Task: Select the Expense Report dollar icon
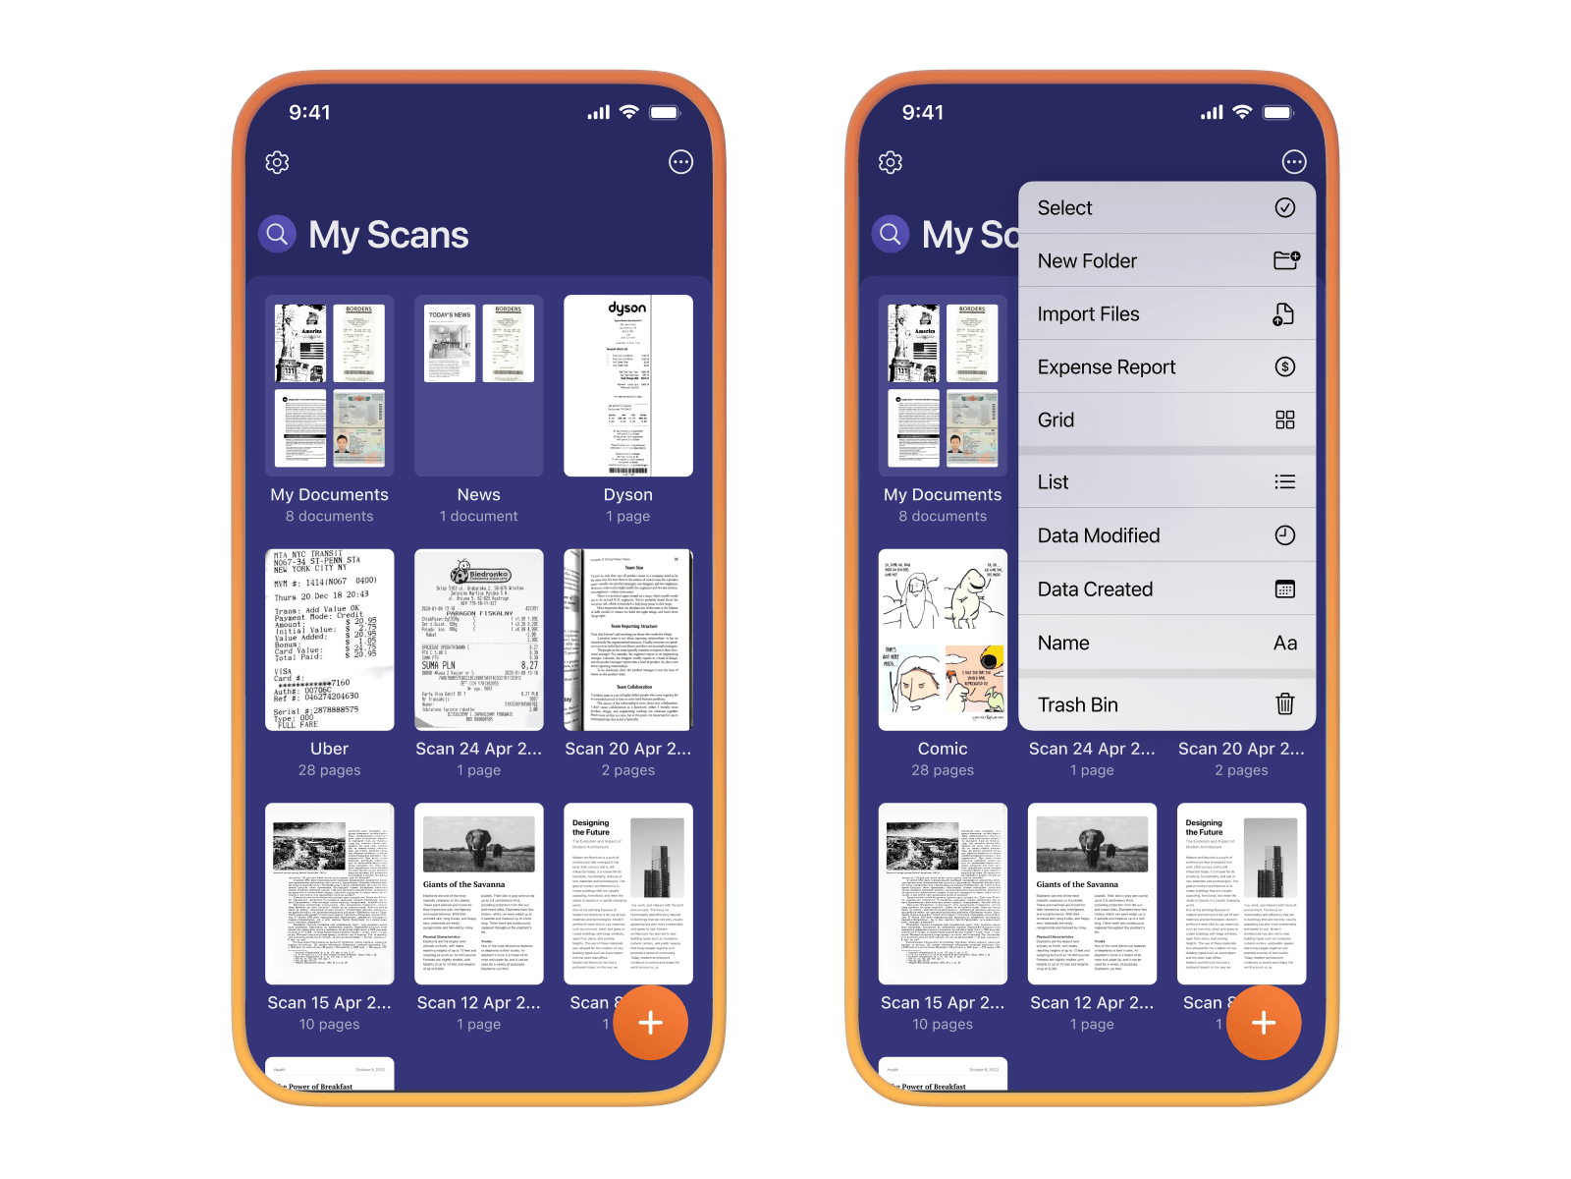pyautogui.click(x=1284, y=366)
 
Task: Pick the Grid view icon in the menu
pyautogui.click(x=1284, y=421)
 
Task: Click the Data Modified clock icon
pyautogui.click(x=1284, y=535)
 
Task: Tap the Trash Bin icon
pyautogui.click(x=1284, y=704)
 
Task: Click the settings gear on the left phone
pyautogui.click(x=277, y=162)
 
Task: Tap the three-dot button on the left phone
pyautogui.click(x=680, y=162)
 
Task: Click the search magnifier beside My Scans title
pyautogui.click(x=277, y=234)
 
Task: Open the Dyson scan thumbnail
pyautogui.click(x=628, y=385)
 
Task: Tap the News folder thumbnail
pyautogui.click(x=478, y=385)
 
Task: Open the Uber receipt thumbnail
pyautogui.click(x=329, y=640)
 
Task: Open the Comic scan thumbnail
pyautogui.click(x=943, y=640)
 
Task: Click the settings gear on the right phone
pyautogui.click(x=891, y=162)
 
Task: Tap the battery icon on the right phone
pyautogui.click(x=1277, y=113)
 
